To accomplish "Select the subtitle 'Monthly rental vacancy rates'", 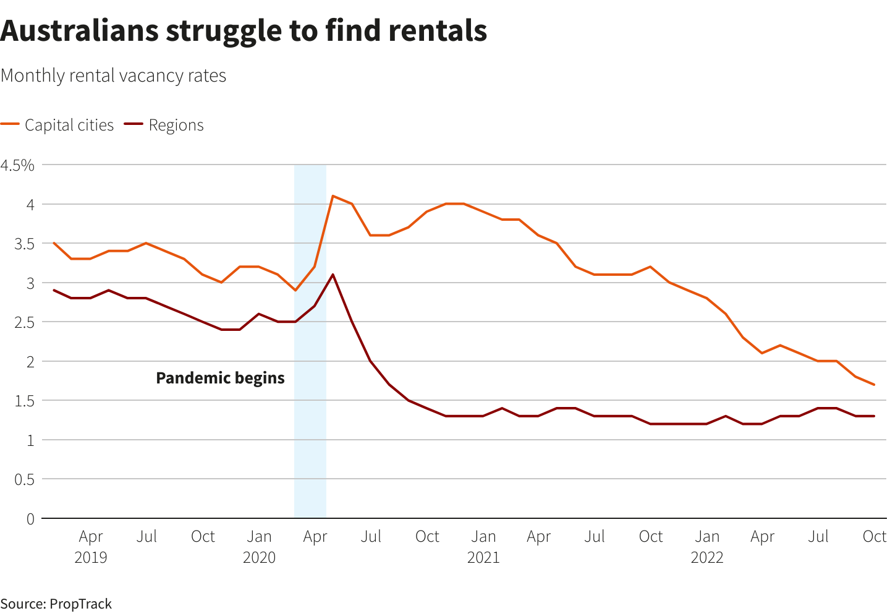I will click(x=114, y=75).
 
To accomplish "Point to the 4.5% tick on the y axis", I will click(x=18, y=165).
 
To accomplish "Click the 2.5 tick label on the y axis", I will click(x=25, y=322).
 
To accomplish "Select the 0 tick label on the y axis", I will click(x=30, y=519).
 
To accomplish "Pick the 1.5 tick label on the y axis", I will click(x=25, y=401).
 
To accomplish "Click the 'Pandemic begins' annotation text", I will click(x=220, y=378).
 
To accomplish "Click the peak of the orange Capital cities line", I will click(x=333, y=196).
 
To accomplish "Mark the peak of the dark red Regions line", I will click(x=333, y=275).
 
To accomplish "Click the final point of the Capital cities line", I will click(x=874, y=385).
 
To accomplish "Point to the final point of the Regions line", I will click(x=874, y=416).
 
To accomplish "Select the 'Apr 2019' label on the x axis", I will click(x=91, y=546).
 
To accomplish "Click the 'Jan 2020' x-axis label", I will click(x=259, y=546).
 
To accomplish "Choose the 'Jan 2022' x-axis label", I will click(x=707, y=546).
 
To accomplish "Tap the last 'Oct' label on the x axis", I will click(x=874, y=536).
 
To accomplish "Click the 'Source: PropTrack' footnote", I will click(x=56, y=604).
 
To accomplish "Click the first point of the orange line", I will click(x=54, y=243).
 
